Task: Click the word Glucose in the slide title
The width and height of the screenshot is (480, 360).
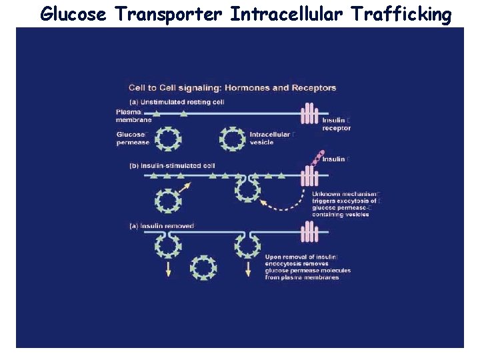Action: point(73,13)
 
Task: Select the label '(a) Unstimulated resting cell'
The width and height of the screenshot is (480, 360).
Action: point(177,101)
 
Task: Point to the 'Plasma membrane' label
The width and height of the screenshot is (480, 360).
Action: point(133,116)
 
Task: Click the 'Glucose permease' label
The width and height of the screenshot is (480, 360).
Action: point(133,138)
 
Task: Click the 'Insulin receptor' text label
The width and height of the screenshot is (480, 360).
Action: point(336,124)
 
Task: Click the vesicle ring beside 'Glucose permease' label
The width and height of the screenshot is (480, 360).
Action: point(167,139)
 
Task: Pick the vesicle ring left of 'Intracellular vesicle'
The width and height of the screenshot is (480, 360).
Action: point(233,139)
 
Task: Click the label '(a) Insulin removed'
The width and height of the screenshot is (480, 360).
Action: point(161,226)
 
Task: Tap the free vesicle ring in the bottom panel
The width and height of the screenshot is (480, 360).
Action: point(203,267)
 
